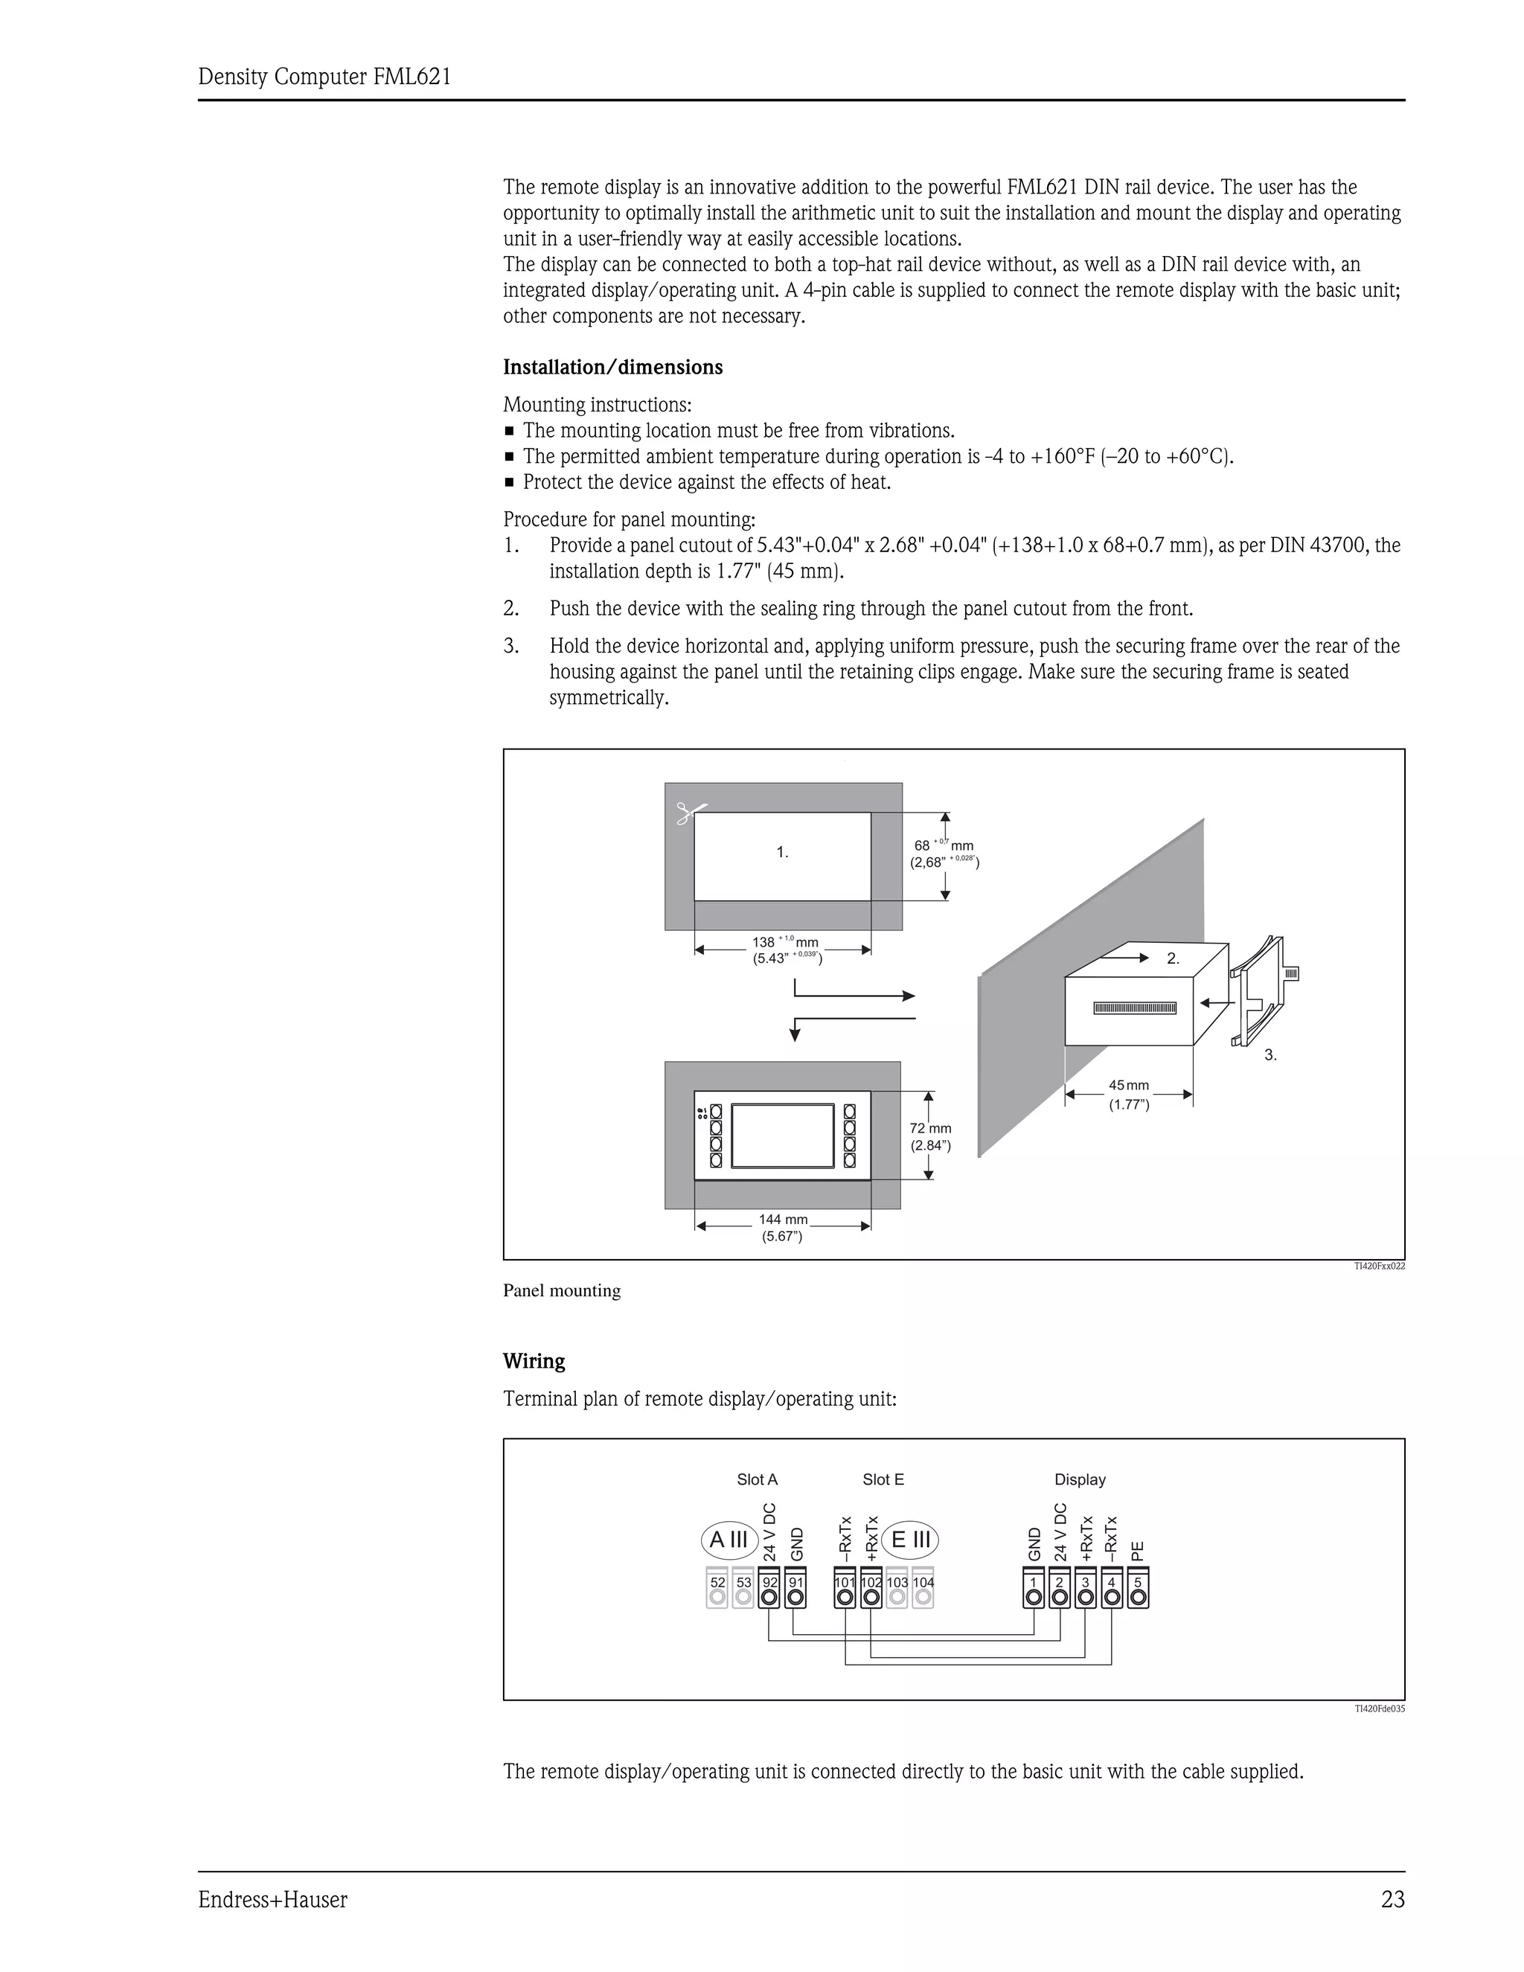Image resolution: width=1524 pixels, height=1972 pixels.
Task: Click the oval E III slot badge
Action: (x=911, y=1540)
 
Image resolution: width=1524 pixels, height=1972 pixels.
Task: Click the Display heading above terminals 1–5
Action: (x=1080, y=1479)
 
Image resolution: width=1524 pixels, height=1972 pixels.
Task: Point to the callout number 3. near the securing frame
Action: (x=1270, y=1054)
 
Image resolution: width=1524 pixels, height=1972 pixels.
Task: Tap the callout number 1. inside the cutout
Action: (x=783, y=851)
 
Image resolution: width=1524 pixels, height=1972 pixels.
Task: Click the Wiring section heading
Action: (x=534, y=1361)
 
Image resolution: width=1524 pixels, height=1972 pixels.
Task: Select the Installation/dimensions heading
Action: (x=613, y=368)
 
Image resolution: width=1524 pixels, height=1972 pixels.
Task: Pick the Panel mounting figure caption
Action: (x=562, y=1291)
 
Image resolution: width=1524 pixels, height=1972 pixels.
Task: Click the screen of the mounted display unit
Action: (x=782, y=1134)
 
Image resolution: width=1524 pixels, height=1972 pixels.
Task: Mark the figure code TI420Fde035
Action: (x=1379, y=1709)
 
